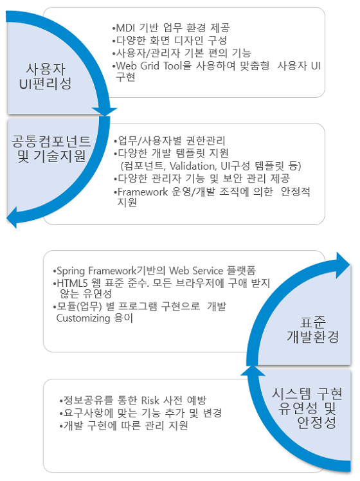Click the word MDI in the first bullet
click(x=125, y=28)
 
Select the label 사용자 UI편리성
click(x=46, y=76)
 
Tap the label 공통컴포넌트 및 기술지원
click(x=51, y=149)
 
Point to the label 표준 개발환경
click(x=313, y=329)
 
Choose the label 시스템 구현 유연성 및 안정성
click(x=307, y=408)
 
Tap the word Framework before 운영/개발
click(x=143, y=192)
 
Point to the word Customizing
click(x=83, y=318)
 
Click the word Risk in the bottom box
click(x=150, y=401)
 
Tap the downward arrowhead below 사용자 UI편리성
click(x=105, y=112)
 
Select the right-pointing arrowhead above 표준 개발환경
click(x=343, y=266)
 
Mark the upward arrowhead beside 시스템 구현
click(x=253, y=370)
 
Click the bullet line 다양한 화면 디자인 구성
click(x=170, y=41)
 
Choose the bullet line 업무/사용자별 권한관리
click(x=170, y=141)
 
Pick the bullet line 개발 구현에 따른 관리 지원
click(x=123, y=426)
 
